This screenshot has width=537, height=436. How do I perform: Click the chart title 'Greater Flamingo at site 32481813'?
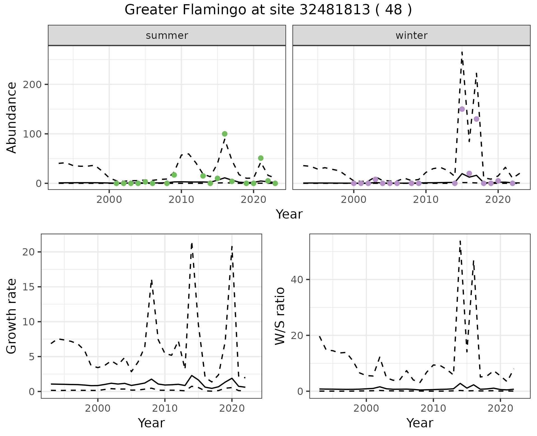click(x=268, y=10)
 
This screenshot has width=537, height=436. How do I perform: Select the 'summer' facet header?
click(x=167, y=35)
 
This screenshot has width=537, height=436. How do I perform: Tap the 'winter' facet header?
click(x=411, y=35)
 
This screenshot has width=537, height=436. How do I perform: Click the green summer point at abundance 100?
click(x=225, y=134)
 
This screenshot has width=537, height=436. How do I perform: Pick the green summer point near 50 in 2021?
click(x=261, y=158)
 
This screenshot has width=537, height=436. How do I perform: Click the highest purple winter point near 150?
click(x=462, y=109)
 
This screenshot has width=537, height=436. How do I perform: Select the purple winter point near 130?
click(x=477, y=119)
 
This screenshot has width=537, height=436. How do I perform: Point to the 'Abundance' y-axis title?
click(x=12, y=118)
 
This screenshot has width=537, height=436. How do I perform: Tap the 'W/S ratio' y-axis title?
click(x=280, y=316)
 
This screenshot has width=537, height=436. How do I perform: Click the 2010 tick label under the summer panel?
click(x=181, y=200)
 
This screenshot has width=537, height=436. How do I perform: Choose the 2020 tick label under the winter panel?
click(x=498, y=200)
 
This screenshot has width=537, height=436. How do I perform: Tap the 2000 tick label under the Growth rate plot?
click(x=98, y=408)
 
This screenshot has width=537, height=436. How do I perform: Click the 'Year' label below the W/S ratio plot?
click(x=420, y=423)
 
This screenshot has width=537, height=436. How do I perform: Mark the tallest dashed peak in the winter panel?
click(x=462, y=52)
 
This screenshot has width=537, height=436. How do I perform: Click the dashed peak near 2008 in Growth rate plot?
click(x=151, y=280)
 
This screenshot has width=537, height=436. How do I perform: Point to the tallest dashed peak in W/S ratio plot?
click(x=460, y=241)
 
